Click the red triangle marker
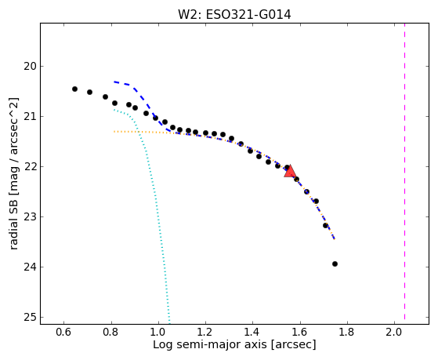tap(290, 172)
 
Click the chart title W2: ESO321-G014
tap(234, 15)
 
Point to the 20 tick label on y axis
tap(31, 67)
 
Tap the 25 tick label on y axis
tap(31, 318)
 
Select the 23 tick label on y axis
tap(31, 217)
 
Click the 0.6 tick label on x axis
tap(63, 333)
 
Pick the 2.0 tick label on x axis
tap(394, 333)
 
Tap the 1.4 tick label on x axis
tap(252, 333)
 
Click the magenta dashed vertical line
tap(404, 172)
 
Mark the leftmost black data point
tap(74, 89)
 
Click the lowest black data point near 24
tap(335, 264)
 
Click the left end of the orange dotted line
tap(114, 132)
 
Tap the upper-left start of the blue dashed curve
tap(114, 82)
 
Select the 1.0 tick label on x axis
tap(158, 333)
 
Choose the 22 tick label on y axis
tap(31, 167)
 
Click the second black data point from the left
tap(89, 92)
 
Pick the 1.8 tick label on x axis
tap(347, 333)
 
